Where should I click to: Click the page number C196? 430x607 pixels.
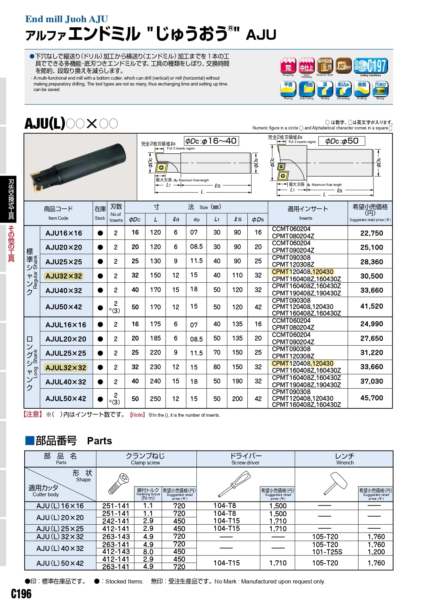(x=21, y=594)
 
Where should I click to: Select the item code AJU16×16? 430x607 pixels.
(x=64, y=233)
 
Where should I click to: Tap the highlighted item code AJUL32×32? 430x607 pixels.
(x=66, y=368)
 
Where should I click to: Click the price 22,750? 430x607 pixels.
(x=371, y=233)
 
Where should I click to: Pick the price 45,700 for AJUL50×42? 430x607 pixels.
(x=371, y=398)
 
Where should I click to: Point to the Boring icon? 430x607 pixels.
(x=380, y=89)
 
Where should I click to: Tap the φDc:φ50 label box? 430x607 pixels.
(x=341, y=141)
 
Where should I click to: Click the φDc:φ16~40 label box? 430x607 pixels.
(x=211, y=141)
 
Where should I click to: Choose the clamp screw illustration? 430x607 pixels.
(x=119, y=484)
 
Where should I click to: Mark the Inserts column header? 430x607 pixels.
(x=308, y=213)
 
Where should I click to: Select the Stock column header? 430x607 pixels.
(x=100, y=213)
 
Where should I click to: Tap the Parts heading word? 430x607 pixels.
(x=99, y=441)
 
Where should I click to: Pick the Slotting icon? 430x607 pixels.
(x=325, y=89)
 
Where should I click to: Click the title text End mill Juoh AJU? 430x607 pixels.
(x=67, y=19)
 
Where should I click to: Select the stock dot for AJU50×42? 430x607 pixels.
(x=100, y=308)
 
